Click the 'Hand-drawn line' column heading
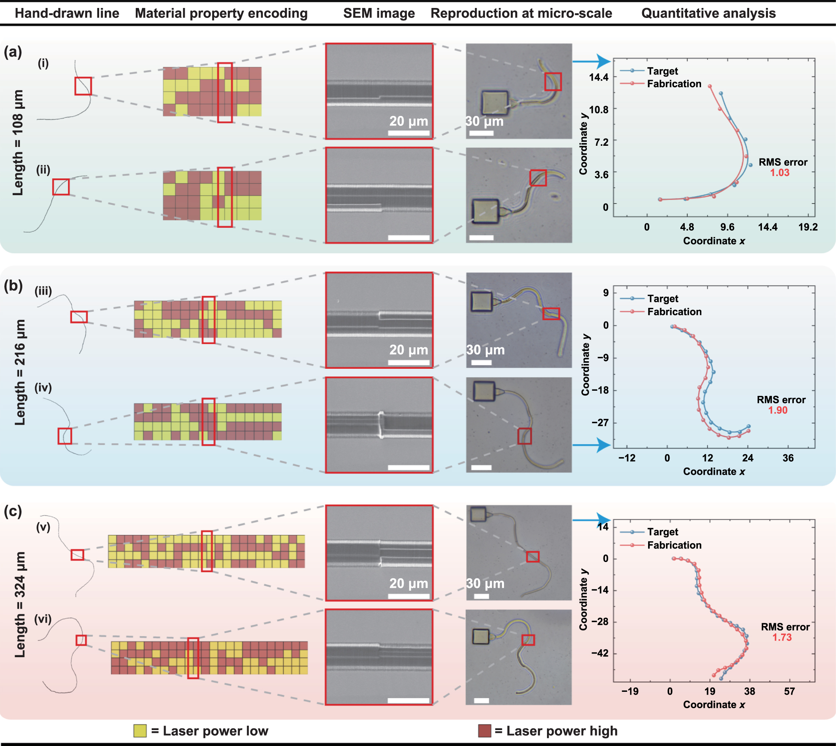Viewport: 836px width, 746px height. pos(67,13)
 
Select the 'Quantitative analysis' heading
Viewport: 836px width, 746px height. pos(708,13)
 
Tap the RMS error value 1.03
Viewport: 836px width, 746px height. pos(779,172)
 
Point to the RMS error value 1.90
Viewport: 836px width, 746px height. pos(777,410)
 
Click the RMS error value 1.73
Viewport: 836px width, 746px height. pos(782,637)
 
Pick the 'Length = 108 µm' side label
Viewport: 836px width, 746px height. pos(18,143)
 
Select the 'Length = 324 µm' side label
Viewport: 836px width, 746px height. pos(20,605)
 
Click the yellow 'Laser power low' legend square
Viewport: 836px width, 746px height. pos(140,731)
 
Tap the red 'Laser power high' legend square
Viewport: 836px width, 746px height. pos(484,731)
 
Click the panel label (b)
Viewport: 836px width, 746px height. pos(13,285)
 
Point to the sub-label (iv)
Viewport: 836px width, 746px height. pos(43,388)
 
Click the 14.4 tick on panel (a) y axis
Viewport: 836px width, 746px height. pos(598,77)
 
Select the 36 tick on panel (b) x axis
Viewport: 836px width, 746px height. pos(788,458)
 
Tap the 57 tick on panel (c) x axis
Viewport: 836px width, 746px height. pos(789,691)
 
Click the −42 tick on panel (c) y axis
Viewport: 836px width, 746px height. pos(600,653)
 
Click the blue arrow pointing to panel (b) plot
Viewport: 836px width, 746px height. pos(592,445)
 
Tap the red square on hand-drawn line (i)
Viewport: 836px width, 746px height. pos(83,86)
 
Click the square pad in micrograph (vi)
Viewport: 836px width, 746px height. pos(481,636)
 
